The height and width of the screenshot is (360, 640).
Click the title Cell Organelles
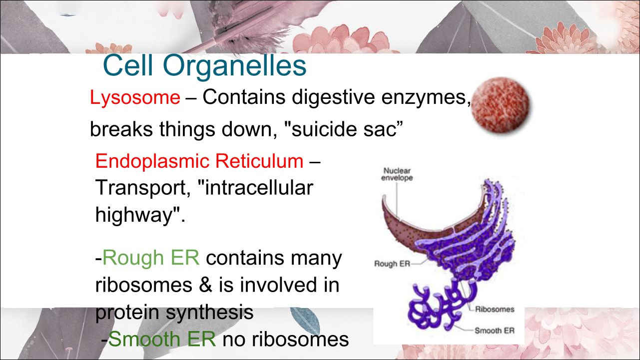pyautogui.click(x=204, y=66)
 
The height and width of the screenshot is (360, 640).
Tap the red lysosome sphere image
pyautogui.click(x=500, y=105)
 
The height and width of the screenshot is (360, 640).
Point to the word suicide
pyautogui.click(x=324, y=129)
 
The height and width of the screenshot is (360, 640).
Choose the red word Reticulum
pyautogui.click(x=259, y=161)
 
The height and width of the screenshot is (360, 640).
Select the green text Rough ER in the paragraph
pyautogui.click(x=151, y=258)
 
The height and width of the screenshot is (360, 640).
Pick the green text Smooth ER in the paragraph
pyautogui.click(x=162, y=339)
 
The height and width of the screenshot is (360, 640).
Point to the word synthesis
pyautogui.click(x=210, y=313)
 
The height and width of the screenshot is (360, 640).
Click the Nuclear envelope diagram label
pyautogui.click(x=397, y=174)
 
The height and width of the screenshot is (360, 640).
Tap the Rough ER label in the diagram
pyautogui.click(x=392, y=264)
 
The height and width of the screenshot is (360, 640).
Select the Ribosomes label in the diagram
pyautogui.click(x=495, y=309)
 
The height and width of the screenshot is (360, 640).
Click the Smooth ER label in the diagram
pyautogui.click(x=494, y=331)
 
